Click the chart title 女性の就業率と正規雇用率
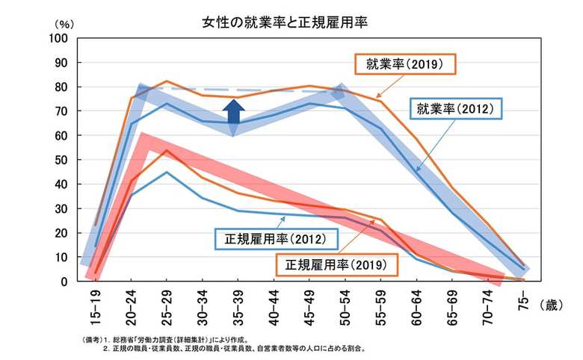[x=287, y=22]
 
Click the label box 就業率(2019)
[x=404, y=64]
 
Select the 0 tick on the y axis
[x=66, y=282]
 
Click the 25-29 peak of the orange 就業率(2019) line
[x=167, y=81]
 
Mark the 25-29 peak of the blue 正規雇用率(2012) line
[x=167, y=173]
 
